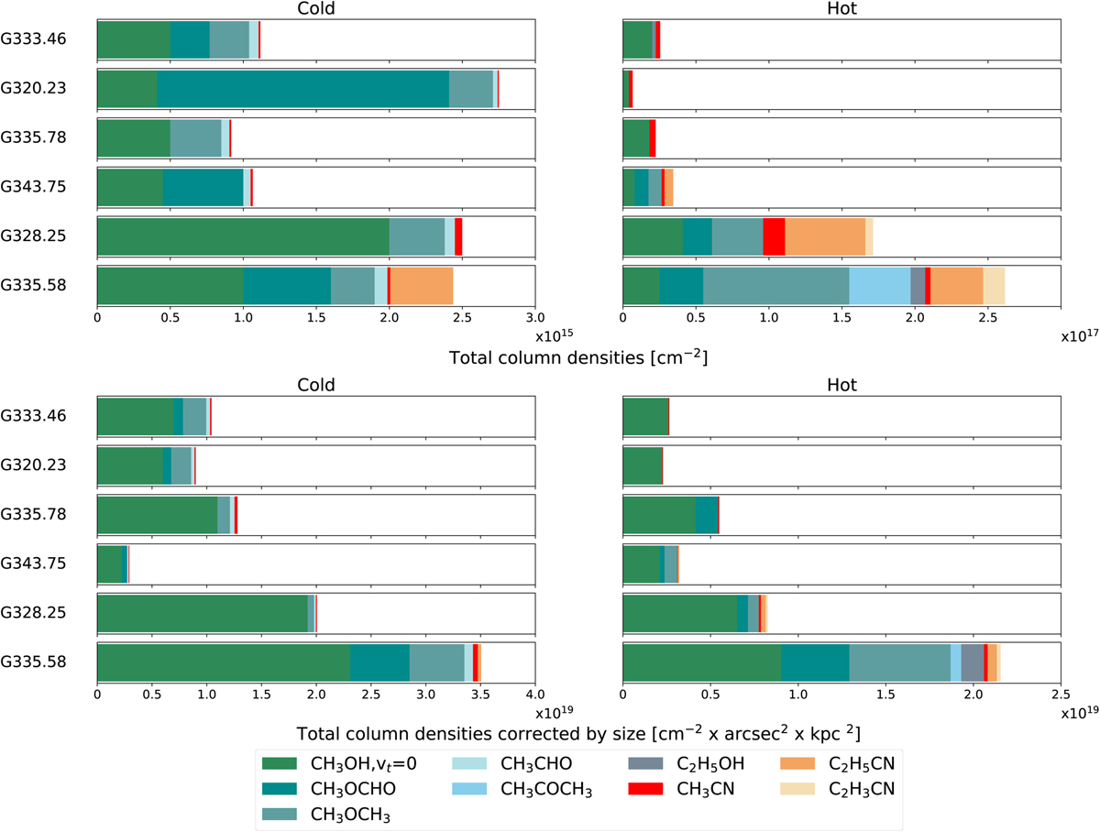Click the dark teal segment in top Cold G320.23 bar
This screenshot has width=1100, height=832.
pos(302,88)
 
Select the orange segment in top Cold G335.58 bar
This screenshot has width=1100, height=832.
pos(422,285)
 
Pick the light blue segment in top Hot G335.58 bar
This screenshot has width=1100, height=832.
pos(880,285)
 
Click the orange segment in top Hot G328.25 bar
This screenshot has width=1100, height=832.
pos(825,235)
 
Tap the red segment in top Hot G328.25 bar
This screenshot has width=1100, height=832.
pos(774,235)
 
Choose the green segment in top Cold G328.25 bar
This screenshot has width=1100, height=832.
pos(243,235)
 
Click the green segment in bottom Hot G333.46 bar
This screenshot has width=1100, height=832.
pos(645,416)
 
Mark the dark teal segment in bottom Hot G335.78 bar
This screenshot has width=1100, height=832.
pos(707,514)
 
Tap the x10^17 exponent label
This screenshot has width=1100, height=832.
pos(1079,336)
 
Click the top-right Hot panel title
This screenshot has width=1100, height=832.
pos(841,10)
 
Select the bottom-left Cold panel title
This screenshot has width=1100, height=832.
pos(315,385)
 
